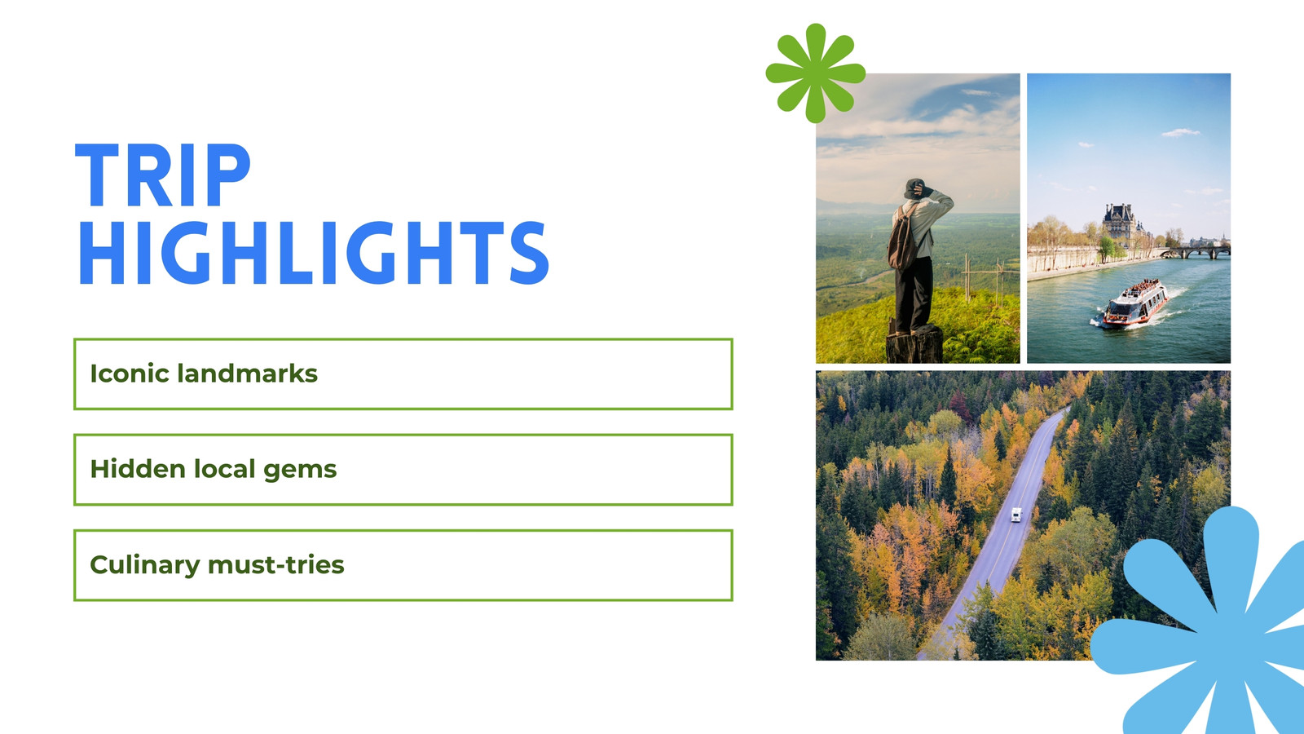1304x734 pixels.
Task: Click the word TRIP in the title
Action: tap(163, 175)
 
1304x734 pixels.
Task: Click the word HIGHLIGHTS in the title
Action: tap(313, 253)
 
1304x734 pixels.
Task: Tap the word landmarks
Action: tap(248, 374)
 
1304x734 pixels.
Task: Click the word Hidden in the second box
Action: tap(138, 469)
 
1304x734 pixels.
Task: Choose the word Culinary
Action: tap(145, 566)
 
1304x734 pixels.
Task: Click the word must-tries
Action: tap(276, 565)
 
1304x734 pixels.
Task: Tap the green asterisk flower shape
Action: tap(815, 73)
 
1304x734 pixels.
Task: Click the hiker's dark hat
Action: tap(913, 188)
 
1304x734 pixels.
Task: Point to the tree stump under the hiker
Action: tap(914, 345)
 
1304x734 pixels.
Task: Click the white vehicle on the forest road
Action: tap(1015, 515)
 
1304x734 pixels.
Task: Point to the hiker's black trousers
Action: tap(913, 294)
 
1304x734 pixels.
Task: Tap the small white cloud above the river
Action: tap(1181, 133)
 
